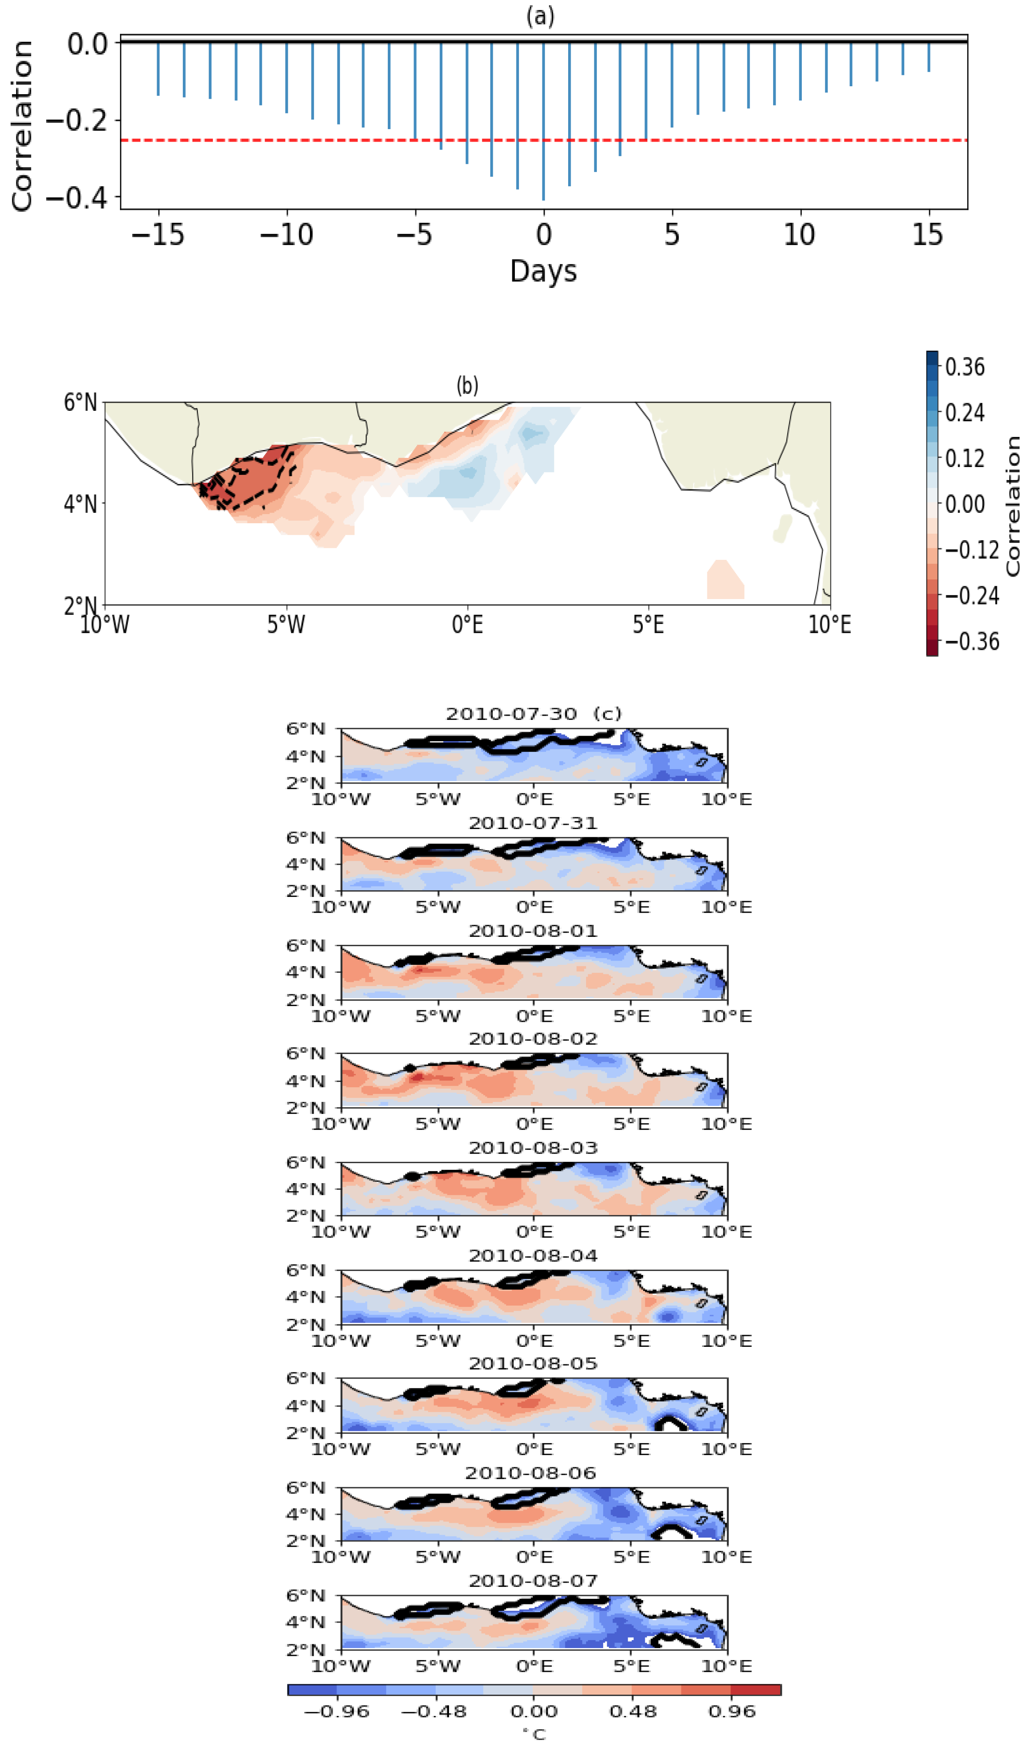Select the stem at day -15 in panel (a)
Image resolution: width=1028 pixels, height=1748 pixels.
click(x=158, y=70)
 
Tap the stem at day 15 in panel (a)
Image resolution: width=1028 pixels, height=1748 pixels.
click(x=929, y=57)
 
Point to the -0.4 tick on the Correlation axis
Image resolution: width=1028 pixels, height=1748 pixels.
click(x=76, y=198)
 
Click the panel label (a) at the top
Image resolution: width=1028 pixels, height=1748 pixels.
click(x=540, y=15)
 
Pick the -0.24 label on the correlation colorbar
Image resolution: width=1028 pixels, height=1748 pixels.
click(x=971, y=596)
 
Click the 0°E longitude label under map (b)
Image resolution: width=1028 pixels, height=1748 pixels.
click(x=467, y=625)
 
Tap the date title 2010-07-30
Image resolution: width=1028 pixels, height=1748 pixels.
click(x=511, y=714)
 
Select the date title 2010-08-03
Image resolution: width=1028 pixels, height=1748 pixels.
click(x=533, y=1148)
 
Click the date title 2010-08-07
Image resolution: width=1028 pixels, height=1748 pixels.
click(x=533, y=1581)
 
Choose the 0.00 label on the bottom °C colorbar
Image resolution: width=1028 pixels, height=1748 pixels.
click(x=534, y=1712)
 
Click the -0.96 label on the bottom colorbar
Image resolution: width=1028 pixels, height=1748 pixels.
click(x=337, y=1712)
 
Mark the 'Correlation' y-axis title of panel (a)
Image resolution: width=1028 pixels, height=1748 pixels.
click(x=22, y=125)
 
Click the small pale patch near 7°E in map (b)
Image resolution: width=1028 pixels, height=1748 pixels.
click(x=725, y=579)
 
